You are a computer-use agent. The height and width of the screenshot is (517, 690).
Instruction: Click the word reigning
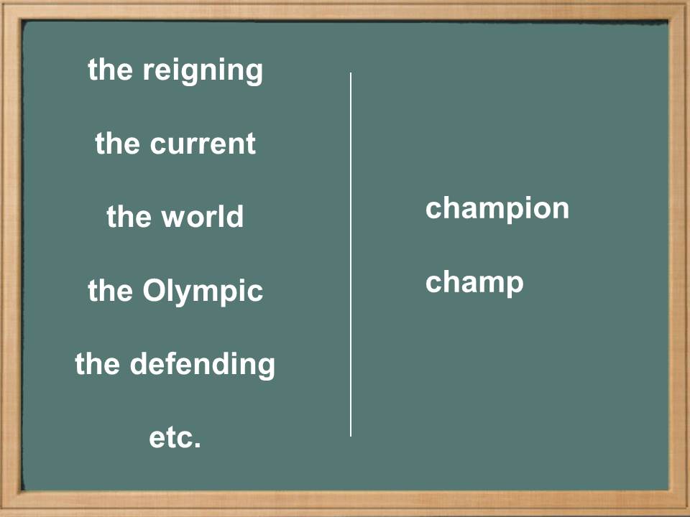coord(203,71)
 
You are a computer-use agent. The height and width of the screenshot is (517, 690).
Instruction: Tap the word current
coord(203,144)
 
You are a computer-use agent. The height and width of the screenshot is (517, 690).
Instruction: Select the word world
coord(203,215)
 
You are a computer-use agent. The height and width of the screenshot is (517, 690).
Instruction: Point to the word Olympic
coord(203,291)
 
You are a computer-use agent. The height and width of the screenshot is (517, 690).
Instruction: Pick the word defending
coord(203,365)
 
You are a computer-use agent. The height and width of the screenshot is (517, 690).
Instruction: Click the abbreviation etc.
coord(175,438)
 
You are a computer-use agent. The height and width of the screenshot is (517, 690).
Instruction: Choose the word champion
coord(497,209)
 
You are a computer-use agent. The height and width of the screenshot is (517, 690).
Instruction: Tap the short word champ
coord(474,283)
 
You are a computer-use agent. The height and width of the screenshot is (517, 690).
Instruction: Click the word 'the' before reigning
coord(110,69)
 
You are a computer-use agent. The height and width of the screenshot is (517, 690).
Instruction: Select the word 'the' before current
coord(117,144)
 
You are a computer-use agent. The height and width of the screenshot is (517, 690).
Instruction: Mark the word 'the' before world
coord(129,215)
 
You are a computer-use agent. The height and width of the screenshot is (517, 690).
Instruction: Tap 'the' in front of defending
coord(97,363)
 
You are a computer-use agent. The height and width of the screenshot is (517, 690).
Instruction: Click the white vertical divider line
coord(351,254)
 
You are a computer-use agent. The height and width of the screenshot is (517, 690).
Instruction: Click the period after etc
coord(197,445)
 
